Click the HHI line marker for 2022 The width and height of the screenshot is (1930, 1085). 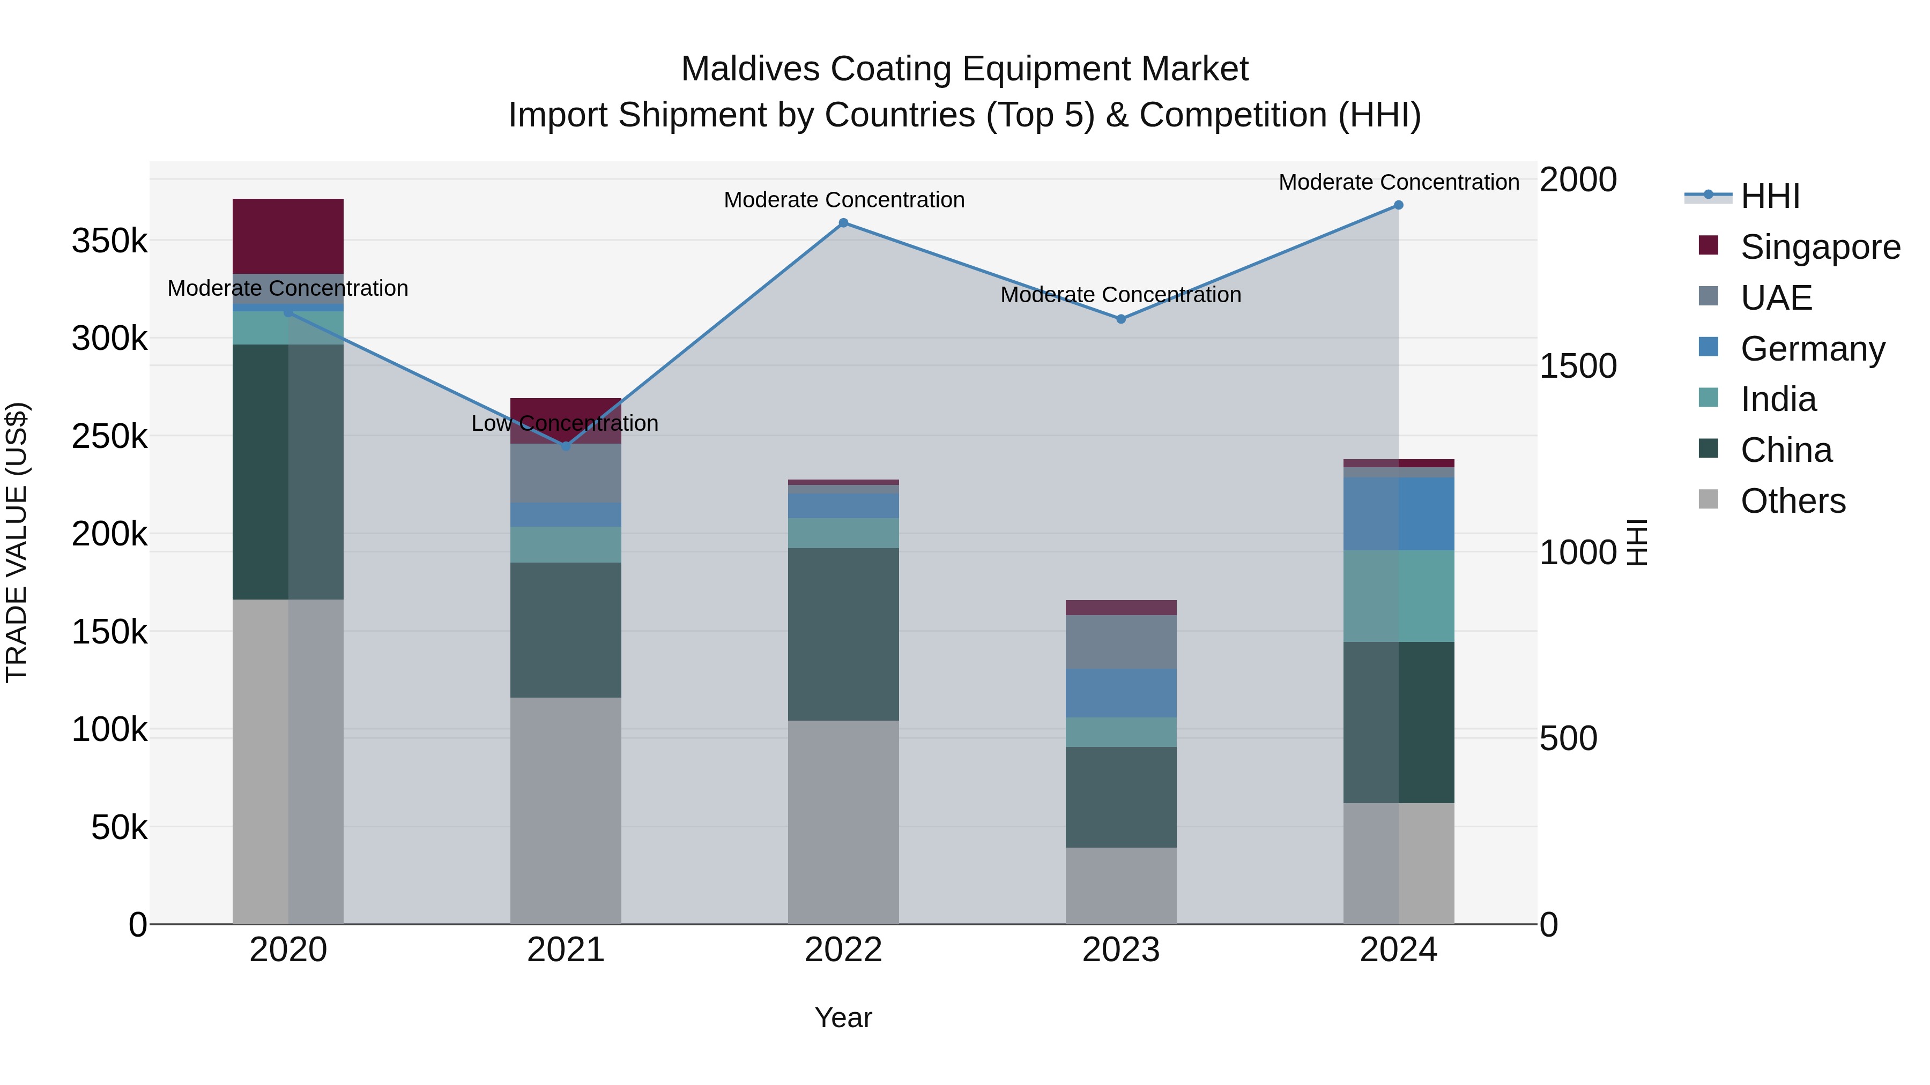843,223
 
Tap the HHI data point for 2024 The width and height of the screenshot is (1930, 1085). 1398,205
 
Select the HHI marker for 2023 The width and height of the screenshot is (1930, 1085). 1121,319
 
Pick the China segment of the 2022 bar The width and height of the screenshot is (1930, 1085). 843,634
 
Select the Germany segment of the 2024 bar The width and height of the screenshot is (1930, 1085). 1398,514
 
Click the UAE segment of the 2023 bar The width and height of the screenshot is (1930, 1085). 1121,642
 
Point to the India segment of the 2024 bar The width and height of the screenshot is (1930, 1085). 1398,596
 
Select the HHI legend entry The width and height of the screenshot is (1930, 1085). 1770,196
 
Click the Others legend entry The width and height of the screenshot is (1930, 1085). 1793,501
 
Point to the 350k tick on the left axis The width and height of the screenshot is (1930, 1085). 109,242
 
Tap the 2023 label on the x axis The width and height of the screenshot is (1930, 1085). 1121,950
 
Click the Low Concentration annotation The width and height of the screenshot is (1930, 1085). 565,424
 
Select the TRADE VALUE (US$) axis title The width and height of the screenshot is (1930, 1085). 17,543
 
